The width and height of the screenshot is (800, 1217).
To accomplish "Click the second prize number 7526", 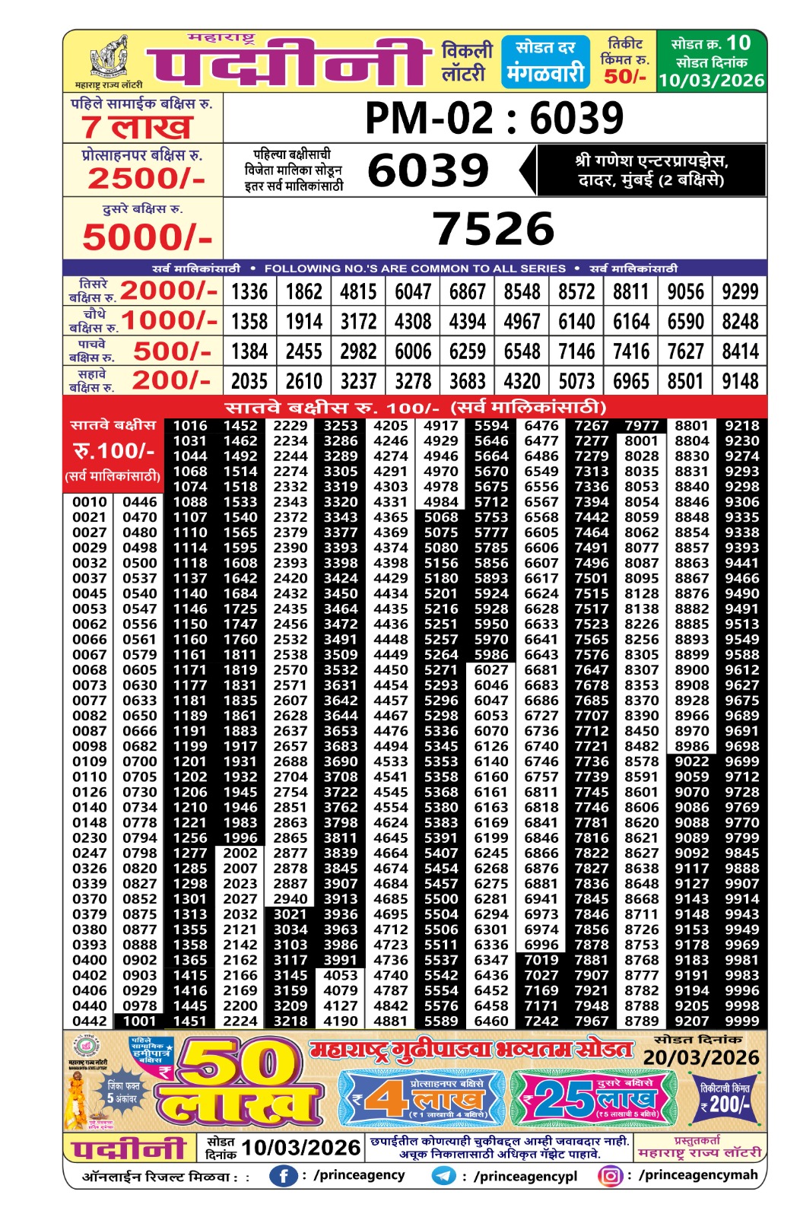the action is [x=494, y=229].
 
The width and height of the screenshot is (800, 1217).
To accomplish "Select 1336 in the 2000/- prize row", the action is [x=249, y=292].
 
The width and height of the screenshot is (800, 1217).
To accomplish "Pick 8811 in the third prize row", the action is [x=630, y=292].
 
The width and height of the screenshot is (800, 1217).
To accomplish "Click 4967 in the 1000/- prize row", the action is [x=522, y=322].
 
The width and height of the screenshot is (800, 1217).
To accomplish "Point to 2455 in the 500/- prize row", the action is [x=304, y=351].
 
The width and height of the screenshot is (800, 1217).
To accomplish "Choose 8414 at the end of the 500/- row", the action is [x=740, y=351].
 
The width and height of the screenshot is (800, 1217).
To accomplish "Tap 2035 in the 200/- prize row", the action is [x=249, y=381].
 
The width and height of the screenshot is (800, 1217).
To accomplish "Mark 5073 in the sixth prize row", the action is [x=576, y=381].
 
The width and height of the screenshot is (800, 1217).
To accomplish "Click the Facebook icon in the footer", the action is [x=283, y=1176].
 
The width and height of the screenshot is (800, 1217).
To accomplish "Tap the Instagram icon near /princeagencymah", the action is [x=610, y=1176].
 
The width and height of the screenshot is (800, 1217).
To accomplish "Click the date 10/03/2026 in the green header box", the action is [x=711, y=81].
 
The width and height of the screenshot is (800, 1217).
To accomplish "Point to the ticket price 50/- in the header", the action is [x=624, y=76].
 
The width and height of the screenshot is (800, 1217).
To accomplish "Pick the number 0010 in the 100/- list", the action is [x=89, y=502].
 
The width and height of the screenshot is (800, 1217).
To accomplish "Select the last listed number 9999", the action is [x=741, y=1021].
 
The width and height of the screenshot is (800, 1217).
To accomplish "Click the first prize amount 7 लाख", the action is [x=137, y=127].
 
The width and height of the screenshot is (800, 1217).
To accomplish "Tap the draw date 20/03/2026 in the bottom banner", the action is [x=701, y=1058].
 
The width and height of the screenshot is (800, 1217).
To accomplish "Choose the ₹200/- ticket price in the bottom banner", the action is [x=725, y=1104].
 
